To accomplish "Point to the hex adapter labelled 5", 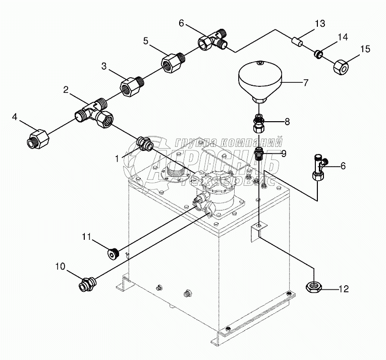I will [x=170, y=64].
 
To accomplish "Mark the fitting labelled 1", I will [x=145, y=143].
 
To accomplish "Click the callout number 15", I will [x=365, y=48].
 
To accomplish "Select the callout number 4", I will [x=15, y=117].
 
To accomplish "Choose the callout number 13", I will [x=320, y=23].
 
